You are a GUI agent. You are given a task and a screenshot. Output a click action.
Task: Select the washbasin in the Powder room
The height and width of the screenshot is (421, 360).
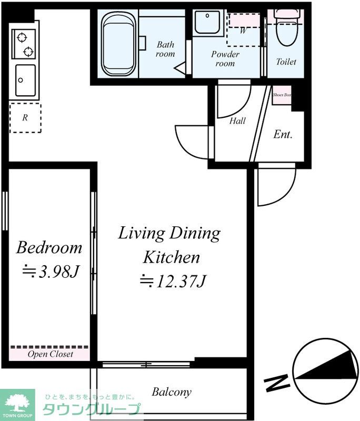click(x=207, y=22)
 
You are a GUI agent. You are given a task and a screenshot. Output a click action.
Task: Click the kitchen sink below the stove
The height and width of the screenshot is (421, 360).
click(x=25, y=81)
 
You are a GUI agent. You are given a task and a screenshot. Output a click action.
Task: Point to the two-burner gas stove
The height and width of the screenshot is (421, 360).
click(x=24, y=44)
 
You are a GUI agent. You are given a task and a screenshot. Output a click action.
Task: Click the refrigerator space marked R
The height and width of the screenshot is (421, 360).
click(x=25, y=117)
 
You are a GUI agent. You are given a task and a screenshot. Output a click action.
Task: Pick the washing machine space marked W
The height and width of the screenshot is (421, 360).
click(x=244, y=29)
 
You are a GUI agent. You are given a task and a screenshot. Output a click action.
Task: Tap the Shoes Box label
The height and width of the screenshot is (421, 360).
click(x=282, y=95)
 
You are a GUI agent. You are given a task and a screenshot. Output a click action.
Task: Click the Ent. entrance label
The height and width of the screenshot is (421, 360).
click(x=283, y=134)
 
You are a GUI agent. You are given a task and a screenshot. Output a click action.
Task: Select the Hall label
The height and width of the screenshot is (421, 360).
click(x=237, y=121)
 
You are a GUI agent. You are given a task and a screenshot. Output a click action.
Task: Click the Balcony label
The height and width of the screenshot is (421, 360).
click(x=172, y=392)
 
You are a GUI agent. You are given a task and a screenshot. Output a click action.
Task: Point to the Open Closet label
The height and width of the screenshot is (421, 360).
click(x=50, y=354)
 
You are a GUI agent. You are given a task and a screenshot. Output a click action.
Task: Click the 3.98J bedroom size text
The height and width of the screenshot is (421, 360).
click(x=51, y=272)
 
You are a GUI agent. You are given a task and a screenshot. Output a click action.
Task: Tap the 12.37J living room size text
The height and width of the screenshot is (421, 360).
click(x=173, y=281)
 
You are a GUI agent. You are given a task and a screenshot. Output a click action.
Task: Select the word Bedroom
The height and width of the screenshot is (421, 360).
click(x=49, y=247)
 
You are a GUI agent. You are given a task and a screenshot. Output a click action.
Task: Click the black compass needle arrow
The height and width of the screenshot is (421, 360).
click(x=327, y=366)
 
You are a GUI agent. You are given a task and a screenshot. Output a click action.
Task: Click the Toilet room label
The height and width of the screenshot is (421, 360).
click(x=286, y=62)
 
